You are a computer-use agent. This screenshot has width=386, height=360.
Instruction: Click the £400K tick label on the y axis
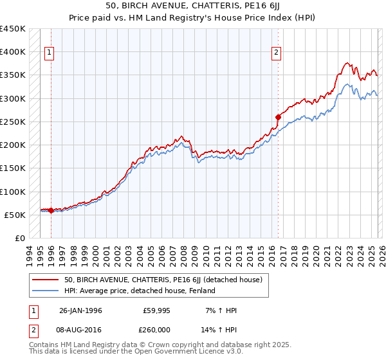click(13, 52)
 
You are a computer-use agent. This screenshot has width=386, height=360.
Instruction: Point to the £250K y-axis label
click(13, 122)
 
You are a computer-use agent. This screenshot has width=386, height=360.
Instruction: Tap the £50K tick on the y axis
click(15, 215)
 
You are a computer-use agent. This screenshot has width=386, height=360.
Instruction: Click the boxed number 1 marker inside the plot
click(50, 53)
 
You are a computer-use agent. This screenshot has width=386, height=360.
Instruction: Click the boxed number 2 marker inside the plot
click(276, 53)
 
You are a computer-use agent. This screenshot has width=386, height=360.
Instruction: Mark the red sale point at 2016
click(278, 117)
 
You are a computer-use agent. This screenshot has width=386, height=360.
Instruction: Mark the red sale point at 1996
click(51, 210)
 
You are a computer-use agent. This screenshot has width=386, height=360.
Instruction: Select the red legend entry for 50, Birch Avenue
click(163, 280)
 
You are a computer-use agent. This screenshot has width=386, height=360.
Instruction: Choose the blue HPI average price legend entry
click(140, 291)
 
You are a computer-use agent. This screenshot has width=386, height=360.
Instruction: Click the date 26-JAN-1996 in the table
click(80, 310)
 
